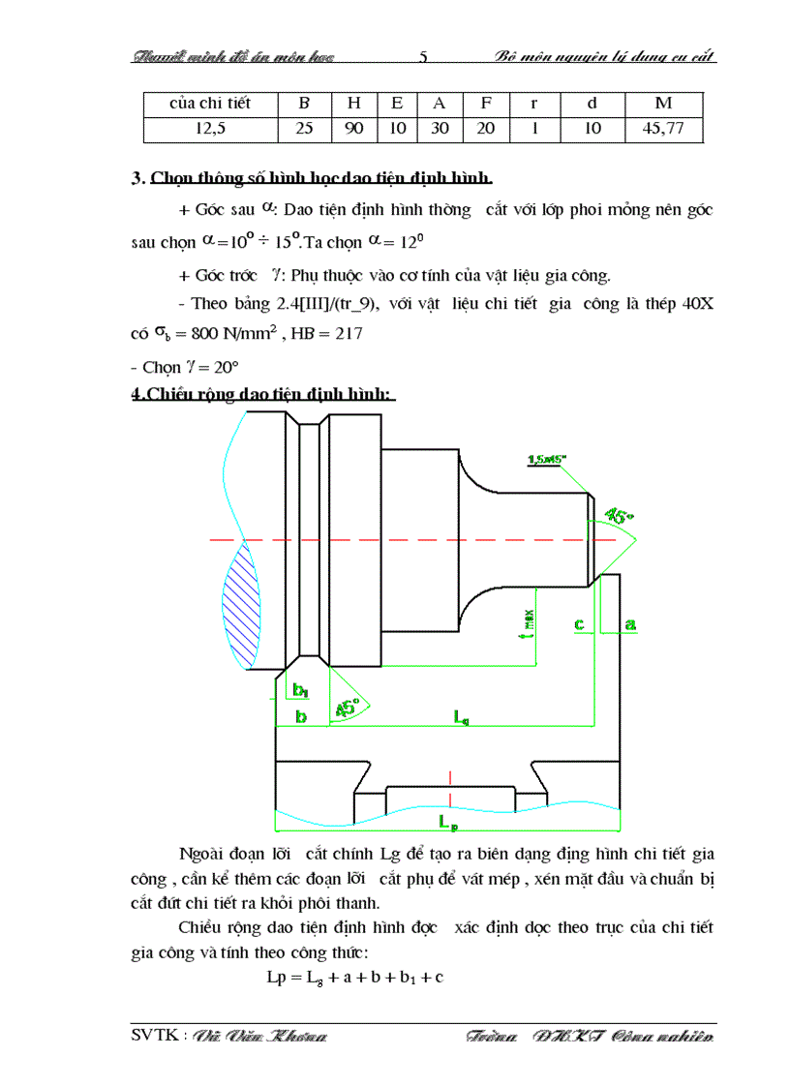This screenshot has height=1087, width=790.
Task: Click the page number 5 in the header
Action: click(424, 55)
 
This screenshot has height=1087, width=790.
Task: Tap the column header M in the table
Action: click(663, 103)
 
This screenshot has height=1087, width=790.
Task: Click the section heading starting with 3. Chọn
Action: click(313, 178)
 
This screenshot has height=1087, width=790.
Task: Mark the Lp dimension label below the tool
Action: click(448, 822)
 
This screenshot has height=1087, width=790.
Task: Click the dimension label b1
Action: click(300, 690)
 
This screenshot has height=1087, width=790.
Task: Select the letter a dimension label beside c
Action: click(630, 624)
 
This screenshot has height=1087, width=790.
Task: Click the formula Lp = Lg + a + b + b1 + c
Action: click(354, 977)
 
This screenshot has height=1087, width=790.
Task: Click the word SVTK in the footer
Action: click(153, 1037)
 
